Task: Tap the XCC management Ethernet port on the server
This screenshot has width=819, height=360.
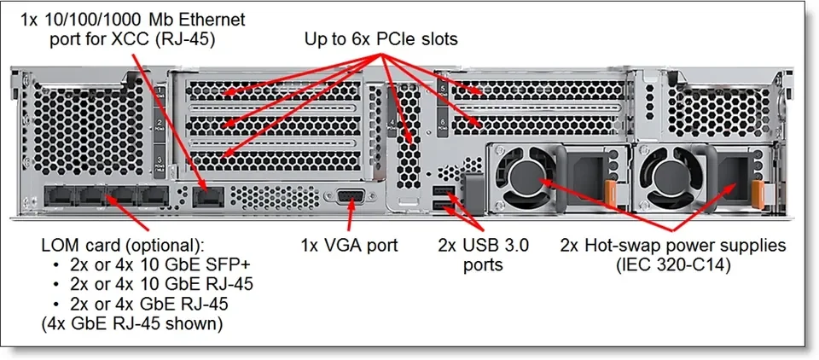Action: tap(206, 197)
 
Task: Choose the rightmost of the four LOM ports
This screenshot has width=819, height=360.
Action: tap(153, 197)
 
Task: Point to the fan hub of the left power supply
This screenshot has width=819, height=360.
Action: tap(526, 173)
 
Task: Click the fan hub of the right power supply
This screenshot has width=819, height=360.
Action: tap(677, 173)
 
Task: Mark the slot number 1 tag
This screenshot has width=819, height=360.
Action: tap(160, 91)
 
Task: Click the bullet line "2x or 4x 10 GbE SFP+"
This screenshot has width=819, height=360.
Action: tap(141, 264)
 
